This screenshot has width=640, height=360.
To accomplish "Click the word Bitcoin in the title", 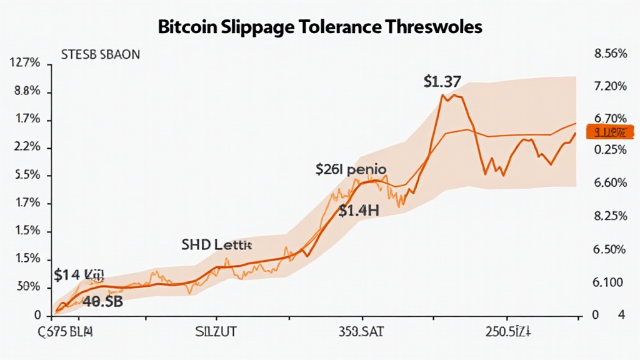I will click(x=189, y=27).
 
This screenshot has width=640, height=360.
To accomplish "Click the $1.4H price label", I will click(x=359, y=211).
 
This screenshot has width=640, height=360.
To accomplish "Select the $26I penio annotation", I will click(x=350, y=169).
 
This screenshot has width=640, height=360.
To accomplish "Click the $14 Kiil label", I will click(x=79, y=274).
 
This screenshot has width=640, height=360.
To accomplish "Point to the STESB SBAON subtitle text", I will click(x=101, y=54).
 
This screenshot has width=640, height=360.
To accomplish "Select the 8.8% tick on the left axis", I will click(x=27, y=91).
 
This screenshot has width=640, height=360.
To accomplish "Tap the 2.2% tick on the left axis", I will click(x=27, y=147).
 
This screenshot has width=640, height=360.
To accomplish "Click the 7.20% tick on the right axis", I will click(x=608, y=86).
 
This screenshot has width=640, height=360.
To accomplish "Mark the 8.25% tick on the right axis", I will click(x=608, y=216).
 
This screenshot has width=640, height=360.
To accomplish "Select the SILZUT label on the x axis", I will click(x=216, y=332).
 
